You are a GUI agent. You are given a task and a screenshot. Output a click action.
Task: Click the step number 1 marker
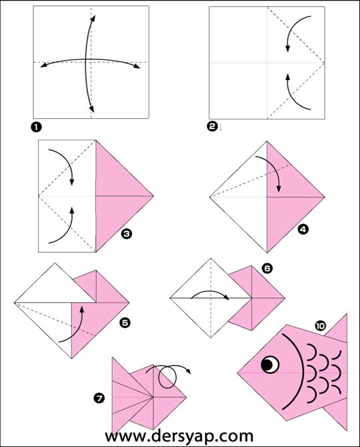(x=36, y=127)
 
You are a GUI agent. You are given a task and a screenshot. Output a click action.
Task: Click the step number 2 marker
(x=212, y=126)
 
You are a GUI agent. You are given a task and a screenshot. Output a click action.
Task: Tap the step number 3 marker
(x=127, y=234)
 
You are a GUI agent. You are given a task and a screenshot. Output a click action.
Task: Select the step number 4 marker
(x=303, y=229)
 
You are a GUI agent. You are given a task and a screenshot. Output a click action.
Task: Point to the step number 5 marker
(x=125, y=323)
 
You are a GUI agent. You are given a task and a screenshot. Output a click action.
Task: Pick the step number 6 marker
(x=267, y=268)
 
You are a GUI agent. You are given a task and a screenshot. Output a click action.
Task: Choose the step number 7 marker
(x=99, y=398)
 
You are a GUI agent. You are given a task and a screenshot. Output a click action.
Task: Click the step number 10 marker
(x=321, y=326)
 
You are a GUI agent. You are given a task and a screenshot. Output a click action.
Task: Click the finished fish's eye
(x=270, y=364)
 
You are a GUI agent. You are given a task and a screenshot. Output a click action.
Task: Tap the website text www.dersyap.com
(x=179, y=436)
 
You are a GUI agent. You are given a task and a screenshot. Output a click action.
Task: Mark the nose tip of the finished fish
(x=238, y=372)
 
